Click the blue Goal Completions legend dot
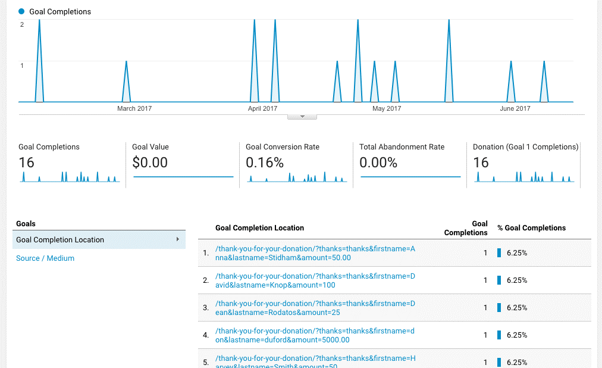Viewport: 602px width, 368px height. (22, 11)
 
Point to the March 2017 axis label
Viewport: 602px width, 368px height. (134, 108)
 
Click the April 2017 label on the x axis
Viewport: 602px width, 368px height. (262, 108)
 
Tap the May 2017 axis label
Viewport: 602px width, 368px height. (387, 108)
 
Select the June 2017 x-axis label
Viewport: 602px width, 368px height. (515, 108)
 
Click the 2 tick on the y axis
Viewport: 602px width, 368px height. (22, 24)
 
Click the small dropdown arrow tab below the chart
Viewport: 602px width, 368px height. (302, 117)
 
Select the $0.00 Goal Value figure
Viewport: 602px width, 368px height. (150, 163)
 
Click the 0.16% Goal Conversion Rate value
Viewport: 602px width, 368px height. (265, 163)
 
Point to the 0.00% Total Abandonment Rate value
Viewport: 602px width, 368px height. (378, 163)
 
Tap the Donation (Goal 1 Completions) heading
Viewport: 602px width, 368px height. (525, 147)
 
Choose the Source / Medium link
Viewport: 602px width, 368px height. (45, 258)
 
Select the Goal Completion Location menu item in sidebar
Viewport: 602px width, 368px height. (60, 240)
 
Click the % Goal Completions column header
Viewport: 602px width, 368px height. (531, 228)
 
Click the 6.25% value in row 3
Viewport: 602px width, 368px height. (517, 308)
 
